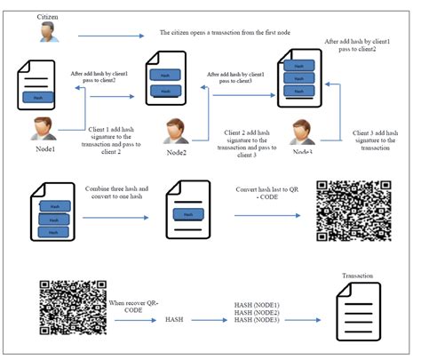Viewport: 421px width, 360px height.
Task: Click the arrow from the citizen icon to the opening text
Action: [110, 36]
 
